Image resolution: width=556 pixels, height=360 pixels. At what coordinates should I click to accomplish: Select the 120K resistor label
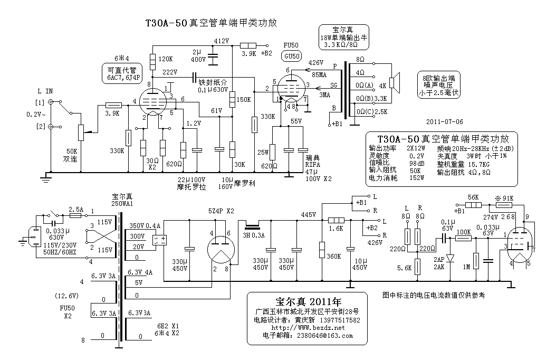point(165,59)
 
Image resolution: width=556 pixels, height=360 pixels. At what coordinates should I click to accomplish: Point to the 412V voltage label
point(221,41)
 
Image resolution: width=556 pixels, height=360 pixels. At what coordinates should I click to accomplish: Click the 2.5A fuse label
point(76,208)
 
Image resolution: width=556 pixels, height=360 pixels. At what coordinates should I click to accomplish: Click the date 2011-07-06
point(444,121)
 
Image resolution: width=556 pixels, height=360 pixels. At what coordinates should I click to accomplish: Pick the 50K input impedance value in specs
point(416,170)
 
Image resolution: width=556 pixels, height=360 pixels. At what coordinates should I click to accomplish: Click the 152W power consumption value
point(417,178)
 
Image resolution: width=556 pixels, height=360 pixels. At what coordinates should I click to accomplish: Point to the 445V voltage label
point(308,214)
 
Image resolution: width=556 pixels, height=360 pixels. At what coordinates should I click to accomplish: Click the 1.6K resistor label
point(335,229)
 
